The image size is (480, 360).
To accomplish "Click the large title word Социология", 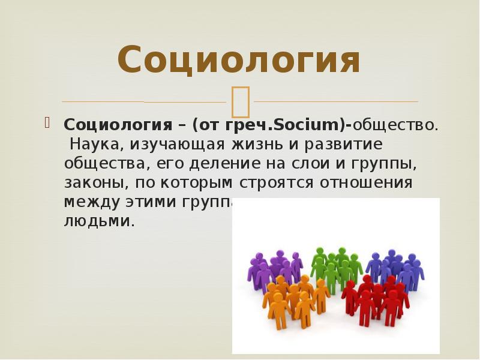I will (x=239, y=60).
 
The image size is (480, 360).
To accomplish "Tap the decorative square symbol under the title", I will (x=241, y=101).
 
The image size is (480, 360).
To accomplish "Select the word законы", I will (x=93, y=183).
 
